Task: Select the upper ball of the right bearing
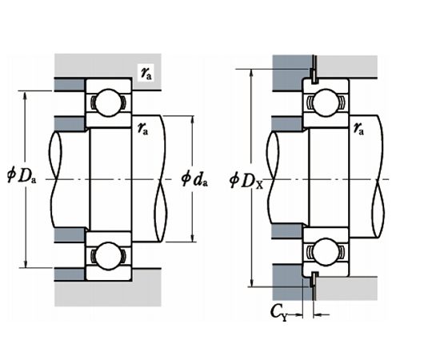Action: [326, 102]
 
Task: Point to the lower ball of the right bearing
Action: [326, 255]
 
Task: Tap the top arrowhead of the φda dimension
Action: [193, 118]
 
